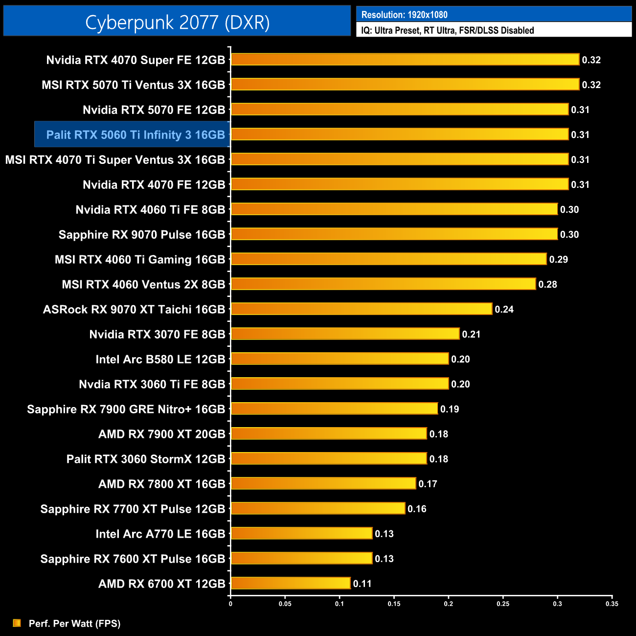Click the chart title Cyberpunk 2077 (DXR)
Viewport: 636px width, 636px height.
click(x=177, y=23)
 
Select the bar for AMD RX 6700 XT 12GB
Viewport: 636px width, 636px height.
click(x=291, y=583)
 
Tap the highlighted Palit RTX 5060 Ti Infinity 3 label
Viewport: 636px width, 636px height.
click(x=135, y=135)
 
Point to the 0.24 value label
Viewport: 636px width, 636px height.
click(x=504, y=309)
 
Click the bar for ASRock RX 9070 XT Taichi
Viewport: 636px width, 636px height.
click(x=361, y=309)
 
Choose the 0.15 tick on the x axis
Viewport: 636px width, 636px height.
click(x=394, y=604)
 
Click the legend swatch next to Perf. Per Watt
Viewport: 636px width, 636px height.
click(x=17, y=623)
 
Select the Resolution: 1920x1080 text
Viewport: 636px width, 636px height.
click(x=404, y=15)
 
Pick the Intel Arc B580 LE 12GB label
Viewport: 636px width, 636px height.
click(x=160, y=359)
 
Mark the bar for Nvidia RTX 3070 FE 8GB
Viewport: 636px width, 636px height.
click(x=345, y=334)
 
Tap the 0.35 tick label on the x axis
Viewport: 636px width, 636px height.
click(x=612, y=604)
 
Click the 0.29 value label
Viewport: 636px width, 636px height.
click(x=558, y=259)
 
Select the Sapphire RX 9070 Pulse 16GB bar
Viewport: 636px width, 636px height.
click(x=394, y=234)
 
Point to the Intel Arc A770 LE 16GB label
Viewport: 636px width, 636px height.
click(x=160, y=534)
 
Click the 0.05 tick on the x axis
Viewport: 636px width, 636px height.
click(x=285, y=604)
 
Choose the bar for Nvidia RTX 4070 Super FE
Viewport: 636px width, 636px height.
click(x=405, y=59)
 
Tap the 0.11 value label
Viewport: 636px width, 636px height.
click(x=362, y=584)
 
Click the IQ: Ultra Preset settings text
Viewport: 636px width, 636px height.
click(x=447, y=30)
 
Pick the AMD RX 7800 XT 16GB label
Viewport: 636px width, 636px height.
click(x=161, y=484)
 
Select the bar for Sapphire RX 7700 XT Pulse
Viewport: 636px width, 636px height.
click(x=318, y=508)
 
